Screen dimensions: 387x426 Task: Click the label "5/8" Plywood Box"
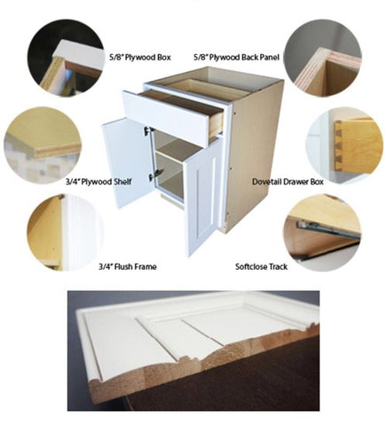[140, 57]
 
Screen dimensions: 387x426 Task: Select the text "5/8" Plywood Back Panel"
[236, 57]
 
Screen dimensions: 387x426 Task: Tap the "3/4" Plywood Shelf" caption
[99, 181]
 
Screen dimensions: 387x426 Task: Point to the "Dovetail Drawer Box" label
[288, 181]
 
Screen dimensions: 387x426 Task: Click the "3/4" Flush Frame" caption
[128, 267]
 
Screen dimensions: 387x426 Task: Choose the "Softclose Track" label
[261, 267]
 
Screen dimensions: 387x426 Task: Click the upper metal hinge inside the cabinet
[148, 130]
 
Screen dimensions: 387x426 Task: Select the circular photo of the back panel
[323, 58]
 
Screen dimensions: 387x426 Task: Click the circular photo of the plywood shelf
[42, 145]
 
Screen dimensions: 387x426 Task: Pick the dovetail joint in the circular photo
[339, 146]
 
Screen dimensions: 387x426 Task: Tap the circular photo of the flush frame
[66, 233]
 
